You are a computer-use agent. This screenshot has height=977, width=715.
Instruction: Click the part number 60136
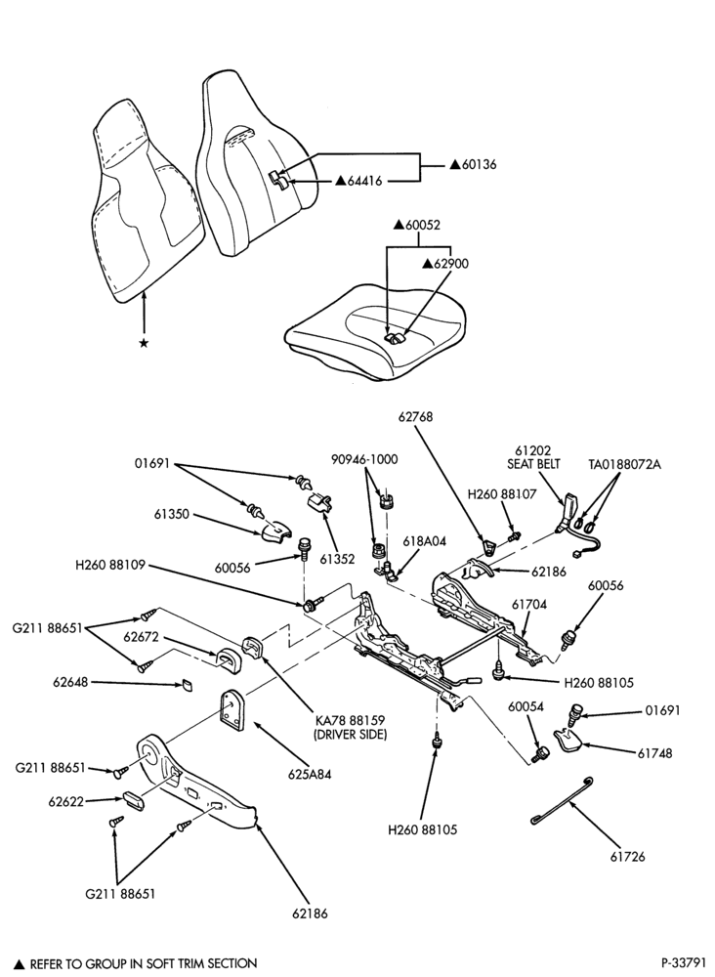click(479, 165)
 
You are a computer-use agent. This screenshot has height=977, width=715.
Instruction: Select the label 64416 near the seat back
click(364, 181)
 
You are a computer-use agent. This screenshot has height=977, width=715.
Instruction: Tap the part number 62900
click(451, 264)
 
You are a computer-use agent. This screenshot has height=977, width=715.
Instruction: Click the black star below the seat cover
click(144, 343)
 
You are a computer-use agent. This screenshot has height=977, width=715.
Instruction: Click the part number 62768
click(416, 416)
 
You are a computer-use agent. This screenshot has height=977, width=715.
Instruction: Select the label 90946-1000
click(365, 459)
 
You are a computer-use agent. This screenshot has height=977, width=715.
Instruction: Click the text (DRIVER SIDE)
click(351, 735)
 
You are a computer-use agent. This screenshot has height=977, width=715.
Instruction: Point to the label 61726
click(627, 857)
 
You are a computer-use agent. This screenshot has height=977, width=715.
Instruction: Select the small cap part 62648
click(187, 686)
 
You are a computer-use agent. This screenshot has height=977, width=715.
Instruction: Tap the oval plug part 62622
click(133, 800)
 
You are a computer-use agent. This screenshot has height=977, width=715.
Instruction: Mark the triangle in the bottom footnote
click(20, 962)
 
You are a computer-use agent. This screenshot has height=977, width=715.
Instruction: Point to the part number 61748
click(654, 753)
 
